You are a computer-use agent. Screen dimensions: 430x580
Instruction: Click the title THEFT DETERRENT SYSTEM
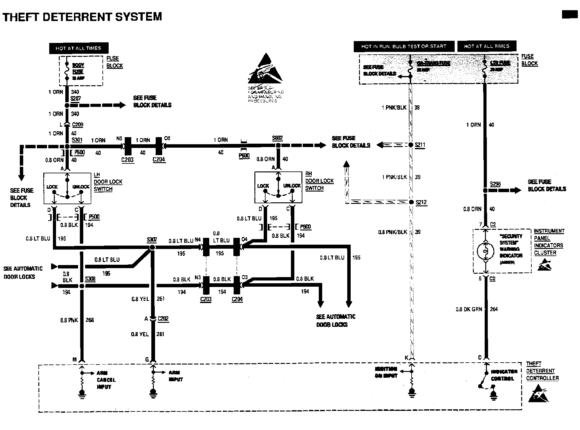tap(82, 16)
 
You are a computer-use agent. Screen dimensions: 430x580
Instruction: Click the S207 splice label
tap(76, 99)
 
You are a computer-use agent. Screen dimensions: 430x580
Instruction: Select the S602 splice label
tap(277, 138)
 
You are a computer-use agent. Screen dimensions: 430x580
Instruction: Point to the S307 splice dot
tap(152, 247)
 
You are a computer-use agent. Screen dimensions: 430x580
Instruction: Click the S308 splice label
tap(90, 279)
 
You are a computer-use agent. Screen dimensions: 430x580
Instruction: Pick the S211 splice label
tap(420, 145)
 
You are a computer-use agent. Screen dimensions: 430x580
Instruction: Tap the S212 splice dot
tap(411, 202)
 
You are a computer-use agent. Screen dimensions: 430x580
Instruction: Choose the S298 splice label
tap(495, 184)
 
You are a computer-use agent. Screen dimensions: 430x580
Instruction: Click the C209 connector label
tap(77, 125)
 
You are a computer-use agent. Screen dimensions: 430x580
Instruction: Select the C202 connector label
tap(163, 318)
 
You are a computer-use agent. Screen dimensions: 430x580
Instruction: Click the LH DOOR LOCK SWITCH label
tap(108, 182)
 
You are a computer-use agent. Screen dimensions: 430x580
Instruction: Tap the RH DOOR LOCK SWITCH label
tap(319, 181)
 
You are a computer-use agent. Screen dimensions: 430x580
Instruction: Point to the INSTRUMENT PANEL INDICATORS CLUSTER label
tap(549, 242)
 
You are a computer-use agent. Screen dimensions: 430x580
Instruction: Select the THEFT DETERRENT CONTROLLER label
tap(542, 371)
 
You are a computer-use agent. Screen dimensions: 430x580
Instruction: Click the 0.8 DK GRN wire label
tap(469, 309)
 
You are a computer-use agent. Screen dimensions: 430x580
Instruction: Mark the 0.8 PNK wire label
tap(69, 320)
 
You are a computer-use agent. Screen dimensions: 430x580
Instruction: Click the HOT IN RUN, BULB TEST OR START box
tap(404, 46)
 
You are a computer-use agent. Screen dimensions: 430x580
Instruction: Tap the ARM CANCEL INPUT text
tap(106, 380)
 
